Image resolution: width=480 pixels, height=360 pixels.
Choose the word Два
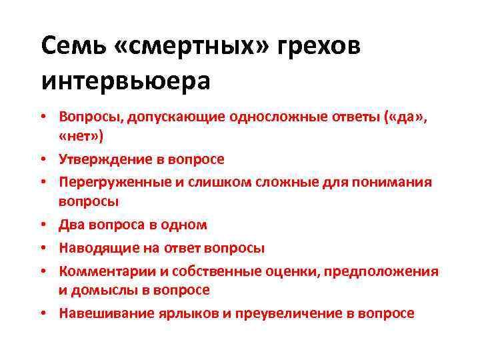pos(70,225)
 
